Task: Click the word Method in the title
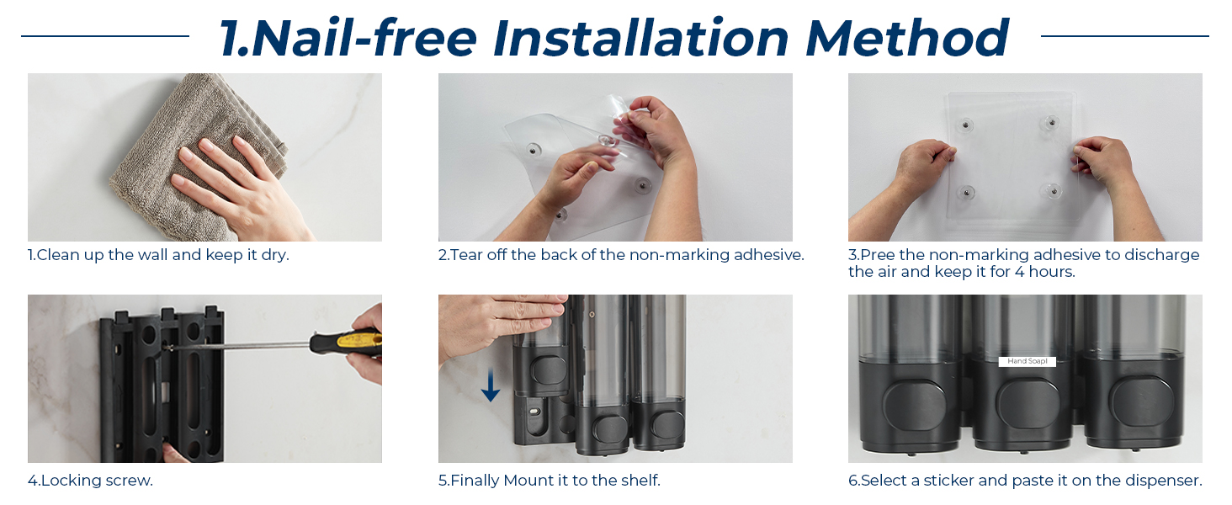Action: pyautogui.click(x=907, y=37)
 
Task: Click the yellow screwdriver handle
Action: pyautogui.click(x=346, y=343)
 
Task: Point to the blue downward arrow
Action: pyautogui.click(x=490, y=385)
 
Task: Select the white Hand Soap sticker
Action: pyautogui.click(x=1027, y=361)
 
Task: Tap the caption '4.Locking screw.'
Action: pyautogui.click(x=90, y=481)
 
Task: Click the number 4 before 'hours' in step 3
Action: pyautogui.click(x=1018, y=272)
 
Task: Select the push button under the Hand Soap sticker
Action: pyautogui.click(x=1027, y=404)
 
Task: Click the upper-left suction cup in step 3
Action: pyautogui.click(x=965, y=125)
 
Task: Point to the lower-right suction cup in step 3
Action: pyautogui.click(x=1054, y=191)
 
